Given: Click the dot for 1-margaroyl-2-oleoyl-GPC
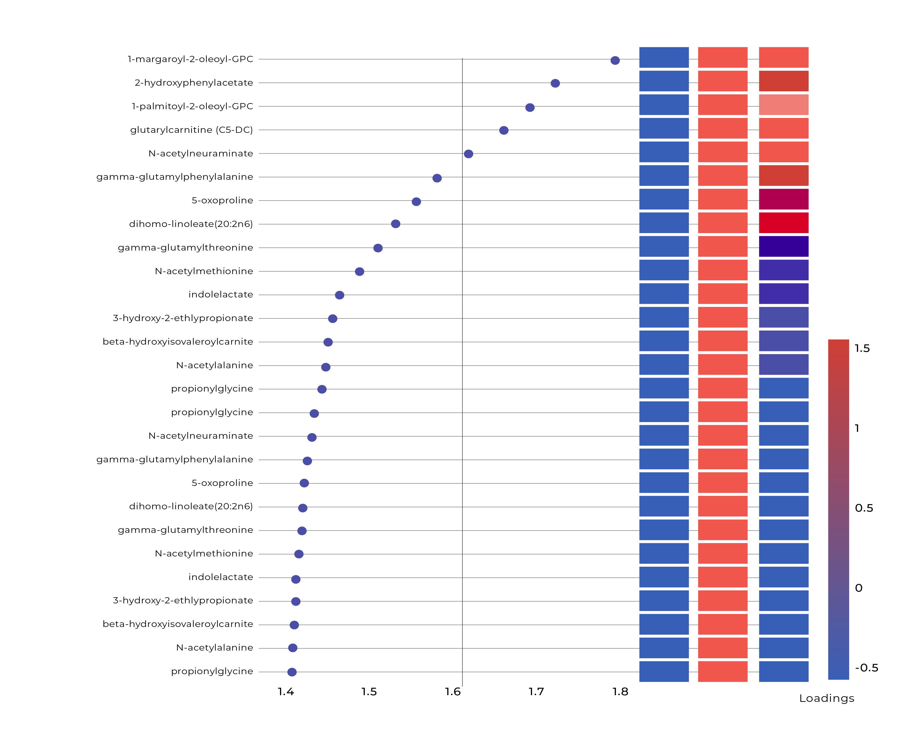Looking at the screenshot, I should click(615, 60).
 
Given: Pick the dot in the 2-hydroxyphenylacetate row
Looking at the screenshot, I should click(555, 83).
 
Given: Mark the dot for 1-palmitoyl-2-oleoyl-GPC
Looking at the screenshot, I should click(530, 107).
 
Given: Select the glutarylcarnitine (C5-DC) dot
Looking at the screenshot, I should click(503, 130).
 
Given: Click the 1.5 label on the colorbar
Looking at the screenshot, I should click(862, 348).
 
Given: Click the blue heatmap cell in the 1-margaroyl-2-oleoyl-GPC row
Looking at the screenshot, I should click(664, 57).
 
